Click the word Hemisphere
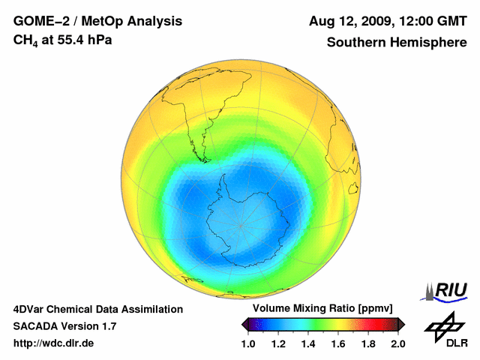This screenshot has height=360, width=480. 427,43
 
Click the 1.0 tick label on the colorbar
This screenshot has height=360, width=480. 248,344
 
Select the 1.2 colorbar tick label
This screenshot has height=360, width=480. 278,344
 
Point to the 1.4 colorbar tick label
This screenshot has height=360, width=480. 308,344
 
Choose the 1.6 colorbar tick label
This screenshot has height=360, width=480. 338,344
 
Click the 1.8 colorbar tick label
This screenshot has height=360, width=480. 368,344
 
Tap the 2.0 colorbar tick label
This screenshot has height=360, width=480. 398,344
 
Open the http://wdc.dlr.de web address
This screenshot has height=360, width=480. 54,343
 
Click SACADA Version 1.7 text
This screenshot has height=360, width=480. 64,326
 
